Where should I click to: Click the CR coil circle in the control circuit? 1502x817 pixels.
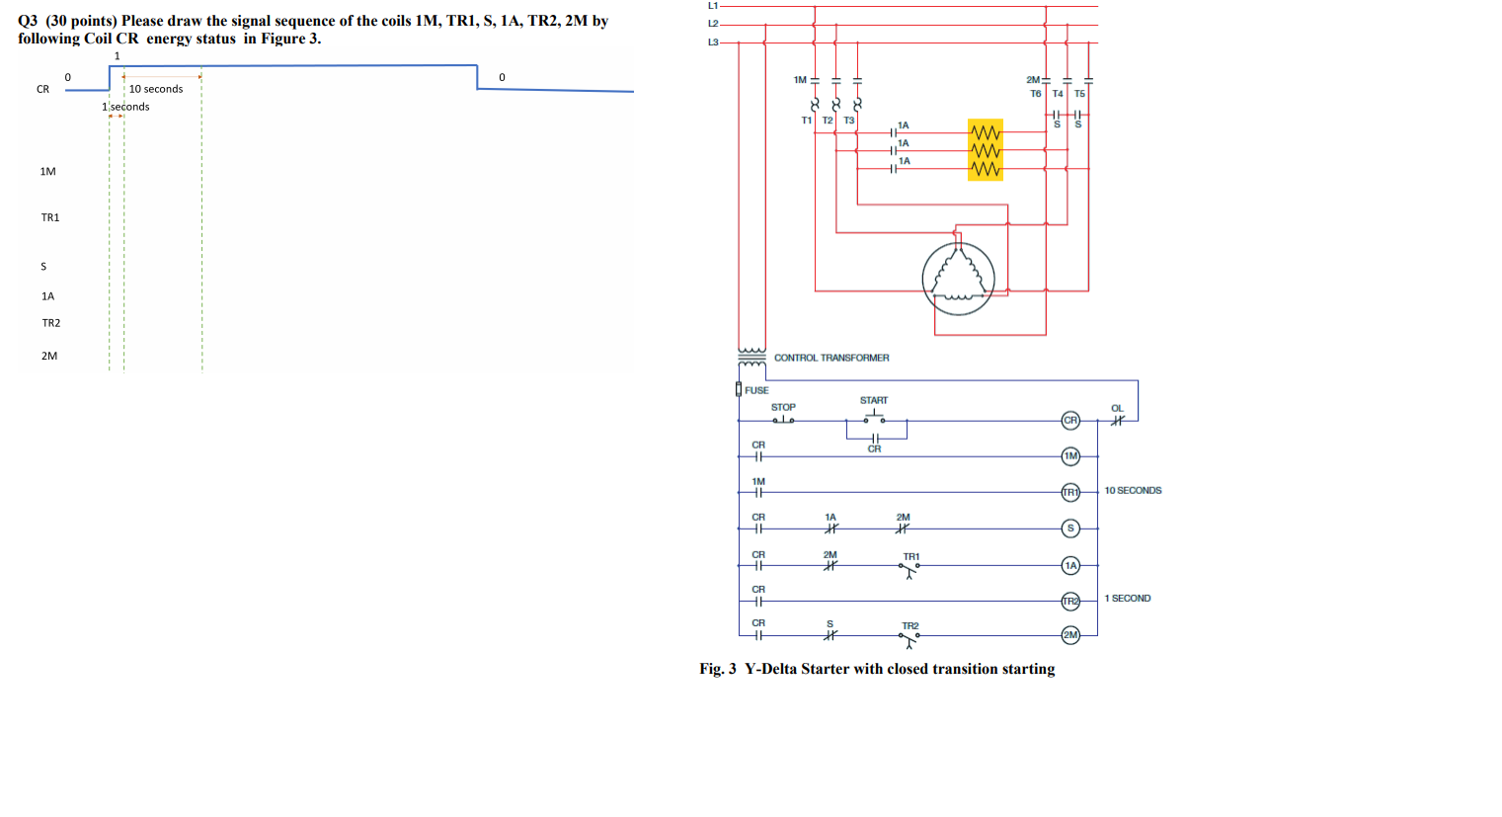tap(1070, 421)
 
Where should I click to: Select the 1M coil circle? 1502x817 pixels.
tap(1070, 456)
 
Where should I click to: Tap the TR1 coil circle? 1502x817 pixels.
tap(1070, 492)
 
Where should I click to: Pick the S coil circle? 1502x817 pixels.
tap(1070, 529)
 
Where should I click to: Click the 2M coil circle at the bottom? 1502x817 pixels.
tap(1070, 635)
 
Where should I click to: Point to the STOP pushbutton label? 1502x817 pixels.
tap(783, 407)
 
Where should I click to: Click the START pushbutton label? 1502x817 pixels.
tap(874, 400)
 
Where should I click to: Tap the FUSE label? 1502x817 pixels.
tap(756, 390)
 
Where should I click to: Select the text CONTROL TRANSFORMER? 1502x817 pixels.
tap(831, 358)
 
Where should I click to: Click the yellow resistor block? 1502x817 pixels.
tap(986, 150)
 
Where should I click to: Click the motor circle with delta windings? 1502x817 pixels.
tap(958, 279)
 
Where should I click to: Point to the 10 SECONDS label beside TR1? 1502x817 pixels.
tap(1133, 491)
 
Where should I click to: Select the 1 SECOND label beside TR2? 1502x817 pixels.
tap(1127, 599)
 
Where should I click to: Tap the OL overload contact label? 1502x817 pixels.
tap(1117, 408)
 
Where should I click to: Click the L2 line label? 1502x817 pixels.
tap(713, 24)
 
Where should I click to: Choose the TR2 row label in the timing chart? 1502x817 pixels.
tap(51, 323)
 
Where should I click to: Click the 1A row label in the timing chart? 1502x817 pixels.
tap(48, 296)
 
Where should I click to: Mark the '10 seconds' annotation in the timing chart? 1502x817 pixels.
tap(156, 89)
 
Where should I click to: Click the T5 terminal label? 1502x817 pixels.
tap(1079, 94)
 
